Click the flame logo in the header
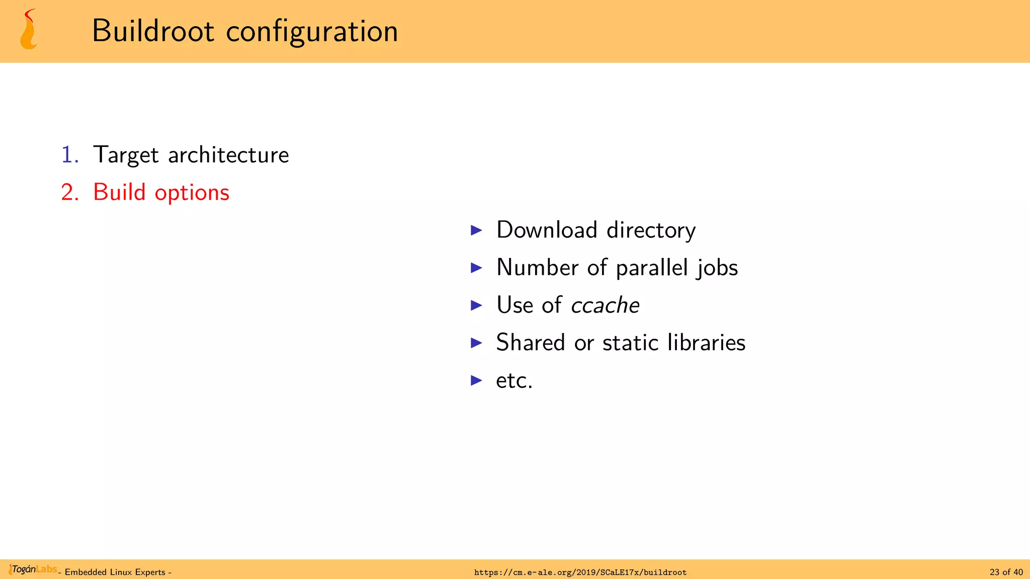pyautogui.click(x=29, y=30)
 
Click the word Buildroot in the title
pyautogui.click(x=153, y=31)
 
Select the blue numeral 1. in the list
pyautogui.click(x=70, y=155)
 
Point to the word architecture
pyautogui.click(x=228, y=155)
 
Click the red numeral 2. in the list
pyautogui.click(x=70, y=192)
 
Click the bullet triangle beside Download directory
pyautogui.click(x=476, y=230)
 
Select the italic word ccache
pyautogui.click(x=605, y=305)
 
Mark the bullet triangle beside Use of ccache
pyautogui.click(x=476, y=305)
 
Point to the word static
pyautogui.click(x=630, y=343)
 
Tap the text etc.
pyautogui.click(x=514, y=380)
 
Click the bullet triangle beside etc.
pyautogui.click(x=476, y=380)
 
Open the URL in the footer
pyautogui.click(x=580, y=572)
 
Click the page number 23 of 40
pyautogui.click(x=1006, y=572)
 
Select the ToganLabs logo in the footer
pyautogui.click(x=33, y=569)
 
